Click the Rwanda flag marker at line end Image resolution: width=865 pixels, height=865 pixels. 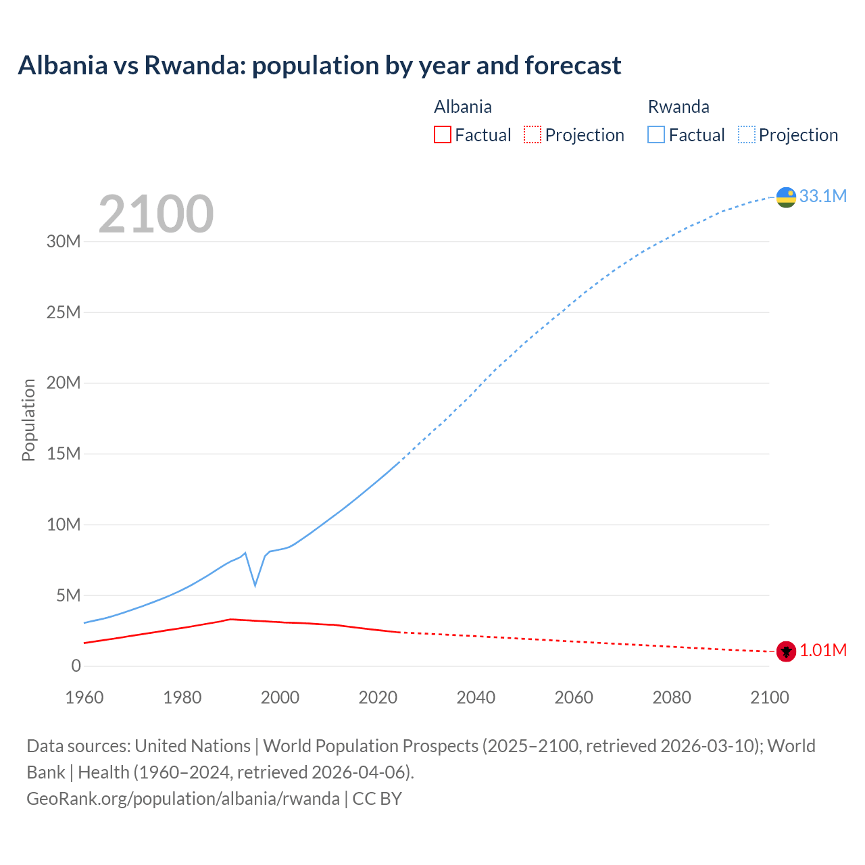tap(786, 197)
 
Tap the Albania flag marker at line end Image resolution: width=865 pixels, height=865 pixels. tap(786, 651)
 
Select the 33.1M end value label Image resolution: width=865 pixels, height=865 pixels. tap(822, 196)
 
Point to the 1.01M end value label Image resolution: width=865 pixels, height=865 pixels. tap(822, 650)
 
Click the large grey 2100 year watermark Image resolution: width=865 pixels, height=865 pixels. tap(156, 214)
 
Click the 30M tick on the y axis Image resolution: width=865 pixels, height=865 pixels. tap(64, 241)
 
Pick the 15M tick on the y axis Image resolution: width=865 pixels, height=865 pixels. tap(64, 453)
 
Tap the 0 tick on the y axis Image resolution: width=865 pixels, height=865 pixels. tap(76, 666)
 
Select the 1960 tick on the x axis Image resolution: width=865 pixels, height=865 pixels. tap(84, 697)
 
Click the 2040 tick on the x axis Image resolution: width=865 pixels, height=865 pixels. tap(476, 697)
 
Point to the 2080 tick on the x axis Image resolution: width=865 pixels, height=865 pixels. tap(672, 697)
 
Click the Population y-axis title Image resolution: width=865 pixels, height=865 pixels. tap(28, 420)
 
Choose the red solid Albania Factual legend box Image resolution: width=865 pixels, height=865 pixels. tap(442, 134)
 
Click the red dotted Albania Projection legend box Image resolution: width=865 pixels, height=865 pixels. tap(533, 134)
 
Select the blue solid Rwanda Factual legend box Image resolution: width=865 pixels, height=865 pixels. tap(656, 134)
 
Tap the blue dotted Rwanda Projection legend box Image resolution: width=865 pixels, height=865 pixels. tap(747, 134)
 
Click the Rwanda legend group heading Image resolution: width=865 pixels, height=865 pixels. tap(678, 107)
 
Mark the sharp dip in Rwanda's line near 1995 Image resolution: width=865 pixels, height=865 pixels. tap(255, 585)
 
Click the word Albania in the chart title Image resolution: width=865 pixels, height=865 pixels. tap(63, 66)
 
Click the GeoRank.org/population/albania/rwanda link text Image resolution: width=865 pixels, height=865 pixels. tap(183, 798)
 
